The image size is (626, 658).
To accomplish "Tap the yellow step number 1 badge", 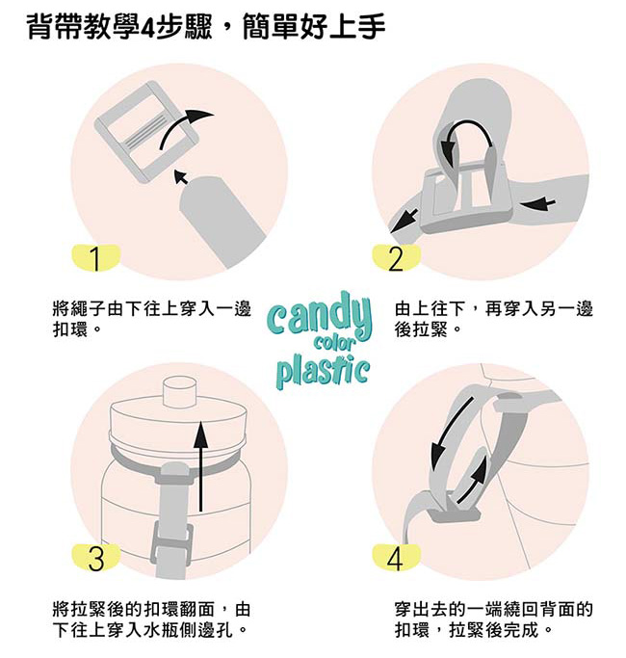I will (95, 258).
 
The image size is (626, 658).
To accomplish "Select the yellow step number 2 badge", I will (396, 258).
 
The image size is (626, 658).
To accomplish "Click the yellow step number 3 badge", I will (95, 557).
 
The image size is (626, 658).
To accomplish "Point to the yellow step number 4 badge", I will (396, 557).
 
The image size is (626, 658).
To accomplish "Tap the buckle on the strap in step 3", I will (172, 550).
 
